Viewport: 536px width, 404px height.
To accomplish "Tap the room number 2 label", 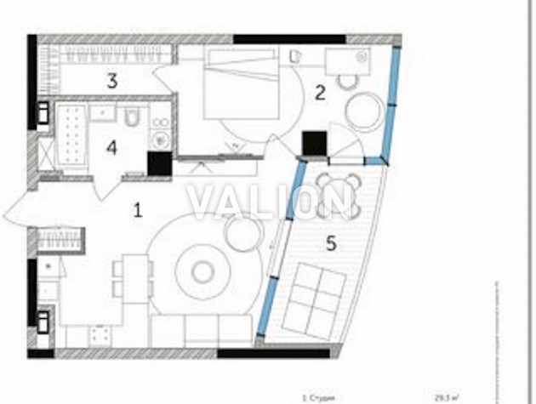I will [320, 94].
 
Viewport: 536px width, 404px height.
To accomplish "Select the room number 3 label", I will [111, 82].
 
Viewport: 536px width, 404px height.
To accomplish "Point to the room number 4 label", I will [111, 147].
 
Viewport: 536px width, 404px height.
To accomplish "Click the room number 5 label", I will [332, 243].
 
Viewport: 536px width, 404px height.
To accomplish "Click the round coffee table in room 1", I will [202, 271].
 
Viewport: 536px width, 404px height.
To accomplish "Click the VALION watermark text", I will [269, 202].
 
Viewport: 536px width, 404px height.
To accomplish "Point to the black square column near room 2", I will [315, 142].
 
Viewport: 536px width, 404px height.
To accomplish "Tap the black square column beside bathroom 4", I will [159, 162].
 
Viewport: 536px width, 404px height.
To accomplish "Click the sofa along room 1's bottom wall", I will [201, 330].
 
